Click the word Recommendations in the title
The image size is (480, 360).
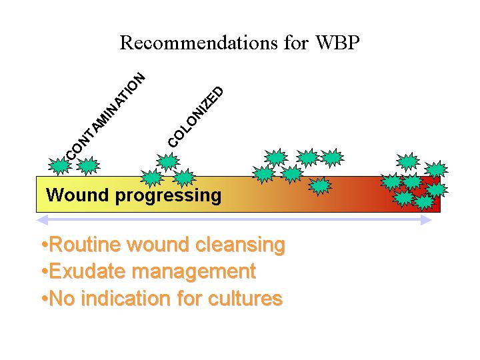point(199,42)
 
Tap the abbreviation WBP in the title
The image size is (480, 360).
point(337,42)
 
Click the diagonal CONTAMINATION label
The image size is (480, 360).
point(105,117)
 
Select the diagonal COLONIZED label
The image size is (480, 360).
point(195,117)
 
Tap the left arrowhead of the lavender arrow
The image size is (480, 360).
point(42,220)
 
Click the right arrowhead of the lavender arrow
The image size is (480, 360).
point(426,220)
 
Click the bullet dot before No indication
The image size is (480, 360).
point(45,299)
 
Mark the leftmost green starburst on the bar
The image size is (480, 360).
point(60,165)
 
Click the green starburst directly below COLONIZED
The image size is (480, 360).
point(168,161)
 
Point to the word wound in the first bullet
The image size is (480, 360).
point(158,244)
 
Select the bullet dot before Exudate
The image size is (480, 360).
point(45,271)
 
